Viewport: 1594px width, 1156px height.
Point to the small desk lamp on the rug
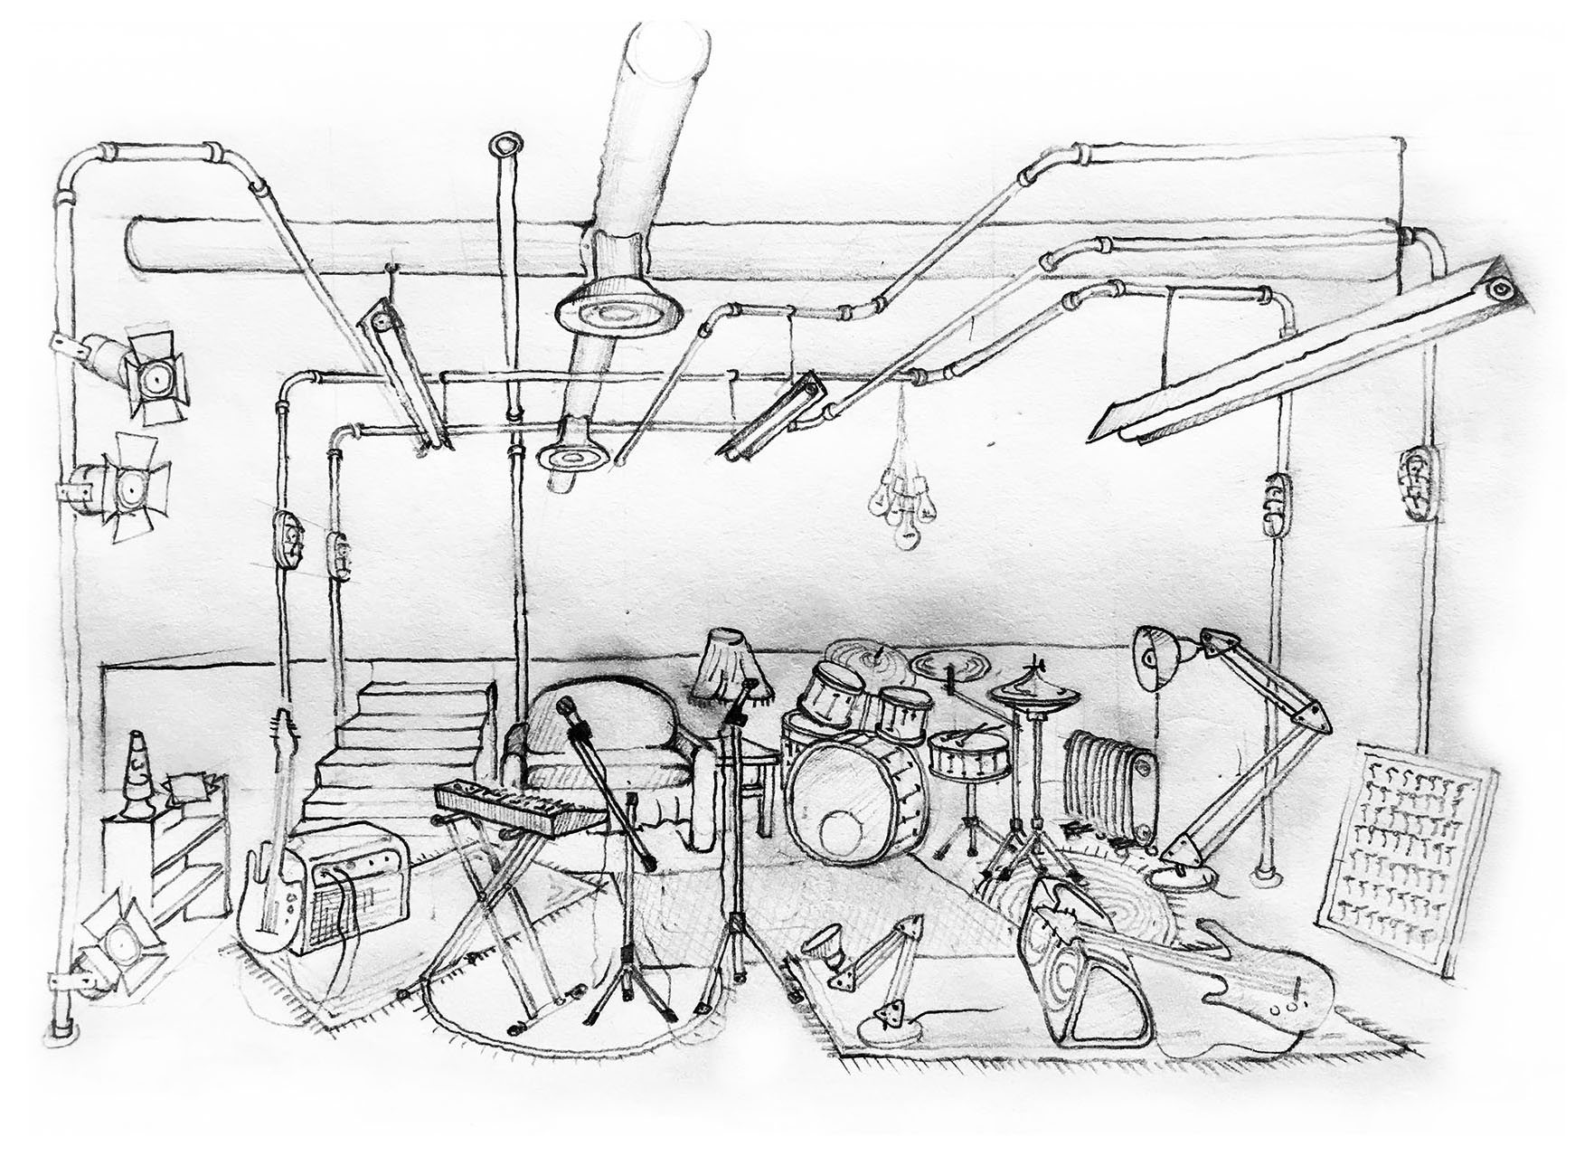pos(868,977)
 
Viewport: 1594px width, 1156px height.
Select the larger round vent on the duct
pos(617,317)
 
